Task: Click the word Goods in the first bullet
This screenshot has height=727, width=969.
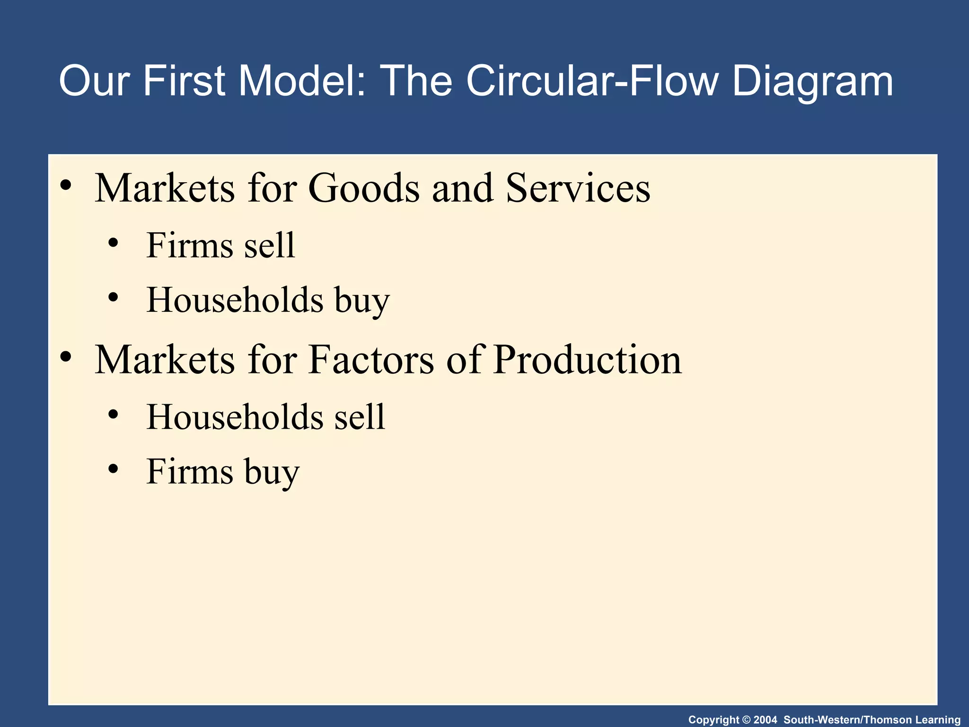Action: tap(364, 188)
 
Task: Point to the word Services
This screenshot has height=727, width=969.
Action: tap(578, 188)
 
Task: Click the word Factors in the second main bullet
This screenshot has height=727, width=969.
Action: tap(371, 360)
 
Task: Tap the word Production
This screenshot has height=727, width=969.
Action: tap(587, 360)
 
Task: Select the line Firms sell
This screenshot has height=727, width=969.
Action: tap(220, 245)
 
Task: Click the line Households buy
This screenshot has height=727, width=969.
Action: tap(268, 300)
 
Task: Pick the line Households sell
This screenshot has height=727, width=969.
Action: tap(265, 417)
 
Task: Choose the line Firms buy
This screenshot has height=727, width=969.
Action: tap(223, 472)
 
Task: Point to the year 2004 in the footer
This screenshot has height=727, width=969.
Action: tap(765, 720)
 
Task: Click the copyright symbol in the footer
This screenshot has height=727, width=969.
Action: tap(746, 720)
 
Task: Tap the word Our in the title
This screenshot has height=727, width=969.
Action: tap(94, 81)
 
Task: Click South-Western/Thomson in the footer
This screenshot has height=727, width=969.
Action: tap(847, 720)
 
